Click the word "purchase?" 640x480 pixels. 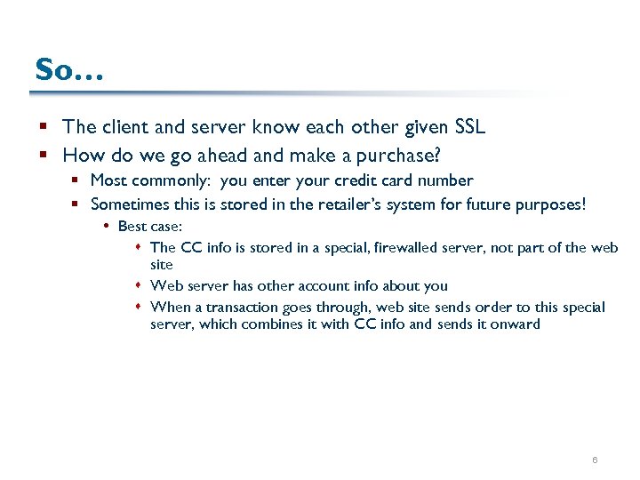pos(398,155)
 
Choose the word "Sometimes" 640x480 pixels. pos(130,204)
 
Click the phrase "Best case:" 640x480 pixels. pos(149,227)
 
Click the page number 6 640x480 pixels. pos(595,460)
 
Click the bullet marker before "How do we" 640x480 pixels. pos(45,156)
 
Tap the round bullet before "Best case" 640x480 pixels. pos(107,228)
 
